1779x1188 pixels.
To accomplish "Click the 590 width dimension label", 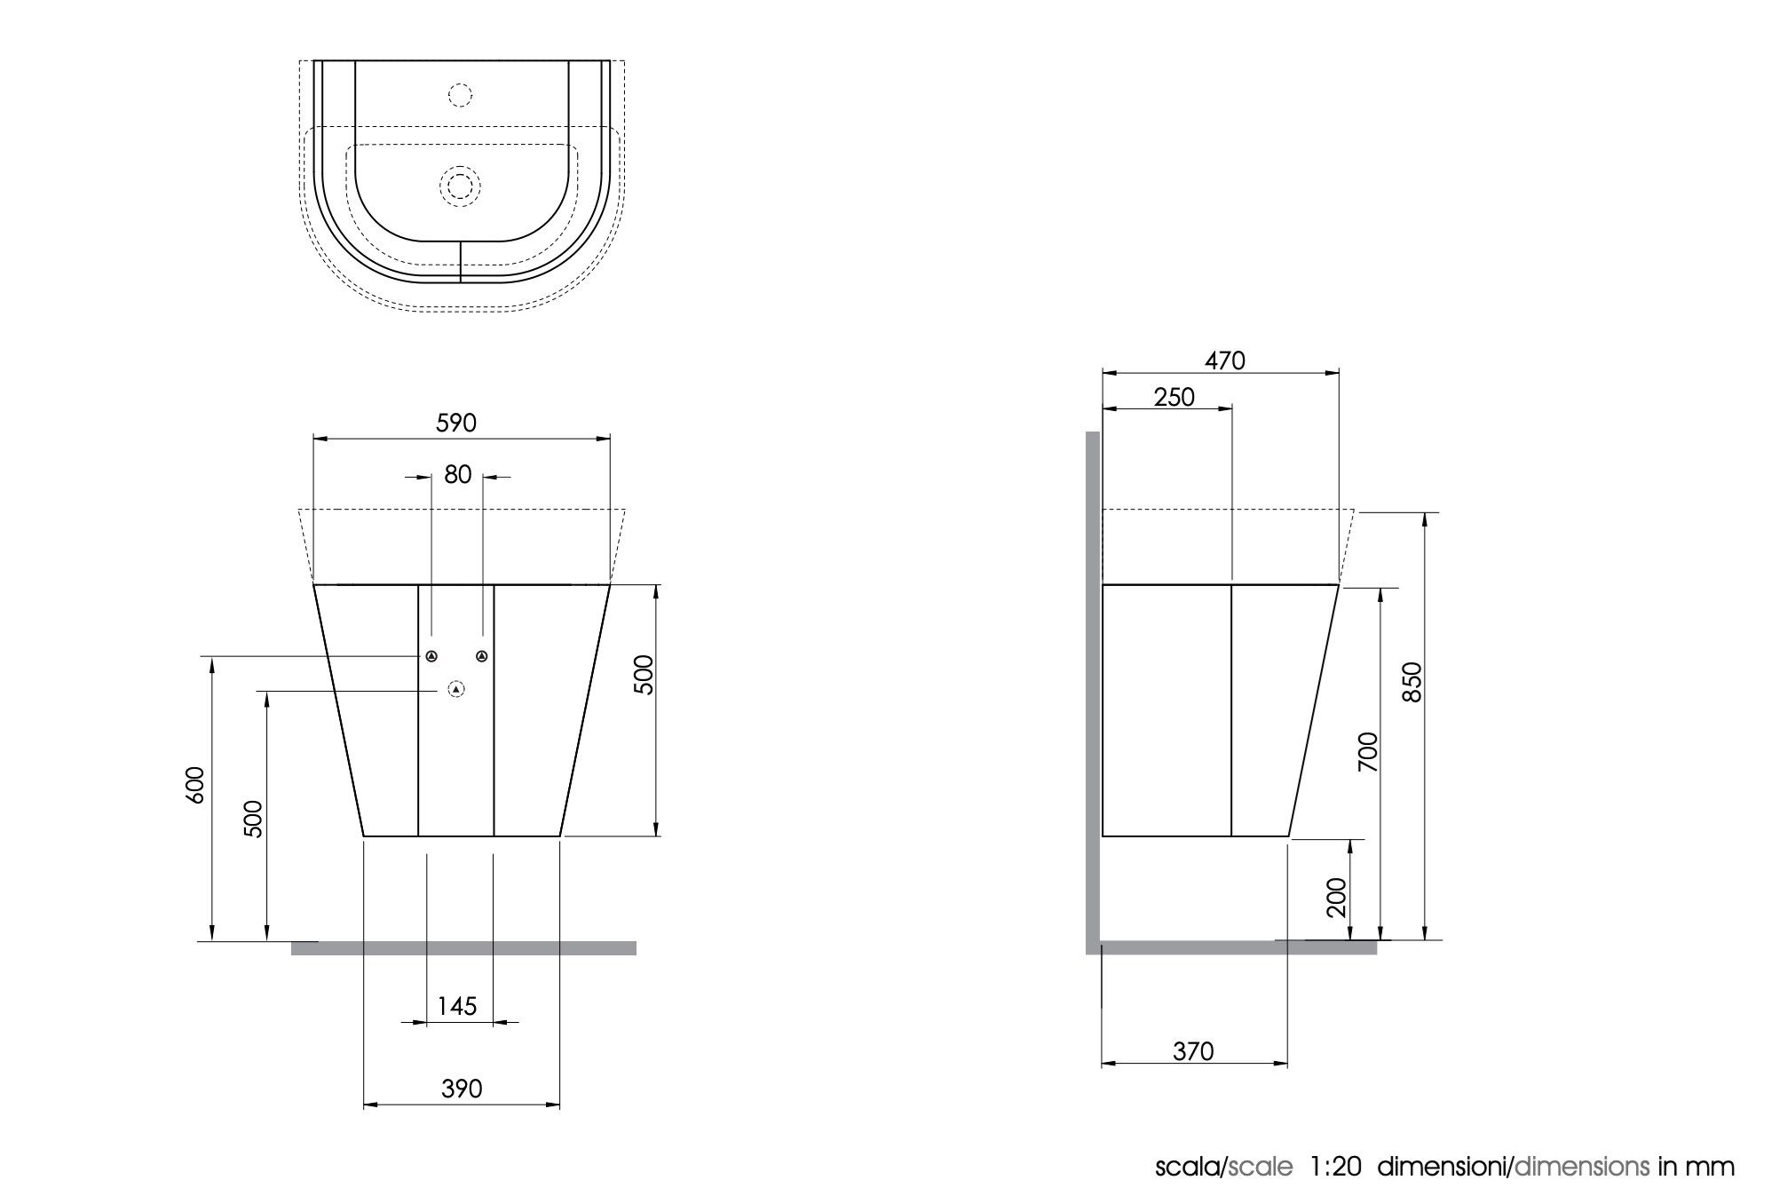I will tap(456, 424).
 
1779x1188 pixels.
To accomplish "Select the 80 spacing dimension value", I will tap(457, 475).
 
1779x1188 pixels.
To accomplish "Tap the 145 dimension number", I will tap(457, 1006).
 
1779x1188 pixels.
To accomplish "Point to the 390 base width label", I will tap(462, 1089).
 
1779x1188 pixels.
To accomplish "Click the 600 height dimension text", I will tap(196, 785).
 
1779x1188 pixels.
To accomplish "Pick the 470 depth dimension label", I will tap(1225, 360).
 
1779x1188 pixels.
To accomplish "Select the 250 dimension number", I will tap(1174, 397).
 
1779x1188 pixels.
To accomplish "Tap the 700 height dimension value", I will tap(1368, 751).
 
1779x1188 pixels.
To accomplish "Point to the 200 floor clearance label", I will tap(1337, 898).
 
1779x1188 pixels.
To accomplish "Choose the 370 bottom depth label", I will tap(1193, 1051).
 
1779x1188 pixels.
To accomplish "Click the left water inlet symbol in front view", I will tap(431, 656).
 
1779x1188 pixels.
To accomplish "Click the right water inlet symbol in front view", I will tap(482, 656).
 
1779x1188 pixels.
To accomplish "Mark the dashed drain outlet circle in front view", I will tap(456, 689).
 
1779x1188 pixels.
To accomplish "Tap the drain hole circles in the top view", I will tap(460, 186).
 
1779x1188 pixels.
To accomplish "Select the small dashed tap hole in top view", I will tap(460, 94).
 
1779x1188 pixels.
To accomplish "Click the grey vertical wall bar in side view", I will tap(1093, 693).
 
